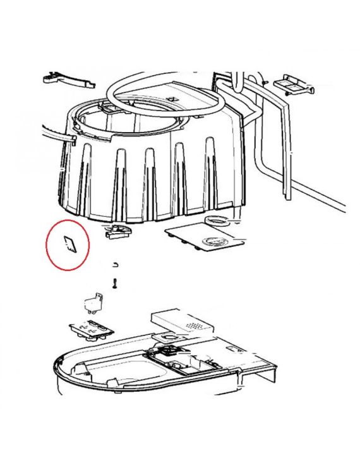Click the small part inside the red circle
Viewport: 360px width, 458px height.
[69, 244]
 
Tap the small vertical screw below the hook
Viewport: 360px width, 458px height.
[115, 284]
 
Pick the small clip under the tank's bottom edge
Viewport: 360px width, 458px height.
[118, 231]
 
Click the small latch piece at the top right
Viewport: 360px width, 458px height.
[293, 83]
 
